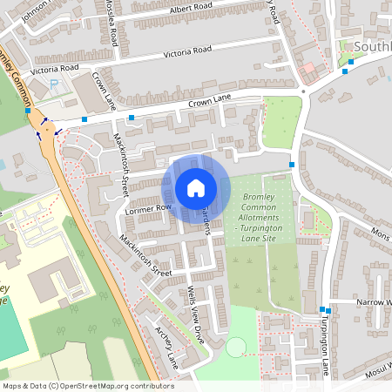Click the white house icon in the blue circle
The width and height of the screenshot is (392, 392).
point(195,188)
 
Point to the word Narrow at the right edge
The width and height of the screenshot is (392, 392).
point(373,302)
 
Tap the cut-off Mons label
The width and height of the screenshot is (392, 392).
point(381,235)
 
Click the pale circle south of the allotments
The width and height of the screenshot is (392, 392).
point(236,348)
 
